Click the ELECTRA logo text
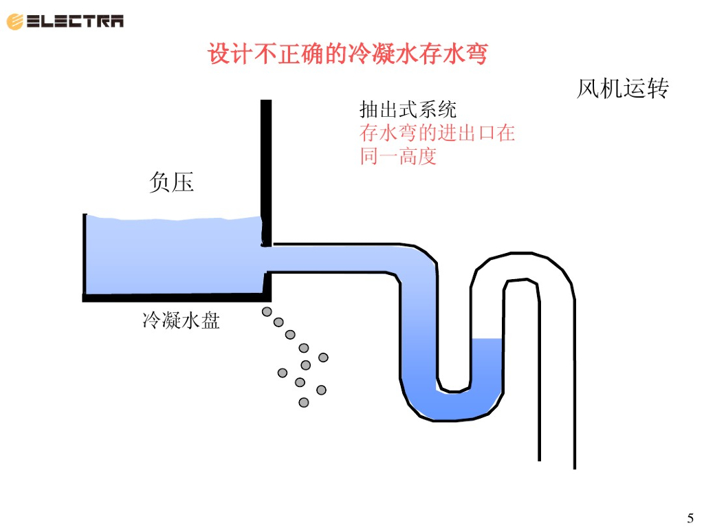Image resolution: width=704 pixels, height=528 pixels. click(x=76, y=21)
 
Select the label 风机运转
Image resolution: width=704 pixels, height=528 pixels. click(x=622, y=89)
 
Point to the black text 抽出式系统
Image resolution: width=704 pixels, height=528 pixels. click(x=408, y=109)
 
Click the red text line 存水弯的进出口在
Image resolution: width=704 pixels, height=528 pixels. click(x=437, y=133)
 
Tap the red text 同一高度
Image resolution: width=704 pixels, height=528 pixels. click(x=398, y=156)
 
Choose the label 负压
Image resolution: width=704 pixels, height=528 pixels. click(x=172, y=182)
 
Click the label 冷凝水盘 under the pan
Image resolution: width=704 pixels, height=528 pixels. click(x=181, y=320)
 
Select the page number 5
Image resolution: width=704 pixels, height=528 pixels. click(x=690, y=518)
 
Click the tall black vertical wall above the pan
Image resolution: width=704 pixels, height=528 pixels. click(x=266, y=158)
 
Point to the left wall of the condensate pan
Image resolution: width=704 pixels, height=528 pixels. click(x=85, y=254)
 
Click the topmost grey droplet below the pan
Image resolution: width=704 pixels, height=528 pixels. click(x=267, y=312)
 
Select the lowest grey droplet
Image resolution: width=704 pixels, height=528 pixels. click(x=304, y=402)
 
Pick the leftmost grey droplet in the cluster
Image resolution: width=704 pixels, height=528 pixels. click(x=282, y=373)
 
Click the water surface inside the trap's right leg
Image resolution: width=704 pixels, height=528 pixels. click(x=487, y=339)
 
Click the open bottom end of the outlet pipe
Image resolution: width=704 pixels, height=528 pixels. click(x=557, y=464)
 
